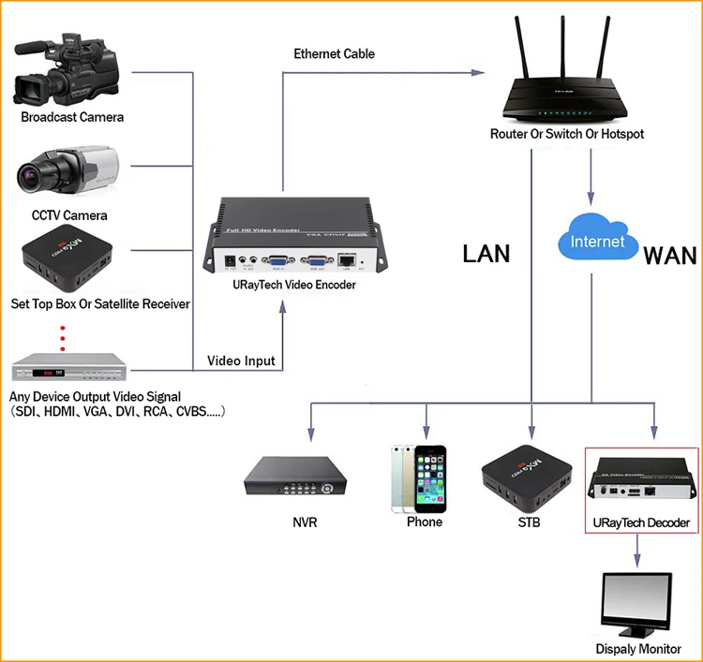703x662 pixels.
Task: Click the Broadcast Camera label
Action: point(72,118)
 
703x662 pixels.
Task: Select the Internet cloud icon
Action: point(596,240)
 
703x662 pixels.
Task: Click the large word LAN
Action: point(486,253)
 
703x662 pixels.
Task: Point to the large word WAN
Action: point(669,254)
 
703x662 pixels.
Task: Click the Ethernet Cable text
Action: point(334,54)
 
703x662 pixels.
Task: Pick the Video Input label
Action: point(241,361)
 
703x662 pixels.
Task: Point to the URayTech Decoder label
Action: point(641,522)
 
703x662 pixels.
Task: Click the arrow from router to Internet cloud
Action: point(590,178)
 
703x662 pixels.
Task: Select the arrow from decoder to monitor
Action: point(637,552)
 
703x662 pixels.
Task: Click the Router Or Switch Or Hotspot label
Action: point(567,135)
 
